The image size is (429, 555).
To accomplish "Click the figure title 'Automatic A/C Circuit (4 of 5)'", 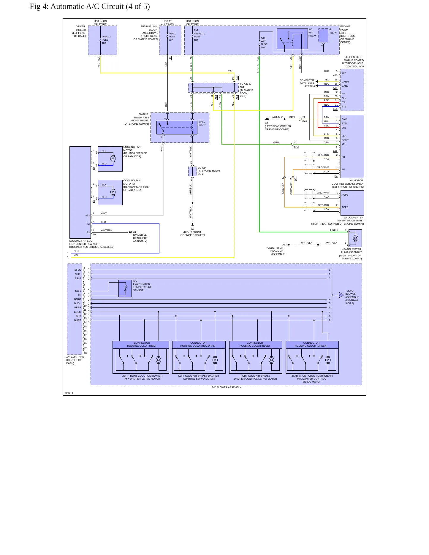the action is tap(100, 7).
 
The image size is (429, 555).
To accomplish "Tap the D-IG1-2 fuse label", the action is tap(106, 40).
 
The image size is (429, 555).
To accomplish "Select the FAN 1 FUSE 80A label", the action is tap(172, 37).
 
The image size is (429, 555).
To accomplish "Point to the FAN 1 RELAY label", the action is tap(202, 123).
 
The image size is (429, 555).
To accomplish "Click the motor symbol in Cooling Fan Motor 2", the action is tap(113, 192).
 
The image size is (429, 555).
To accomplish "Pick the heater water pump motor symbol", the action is tap(356, 238).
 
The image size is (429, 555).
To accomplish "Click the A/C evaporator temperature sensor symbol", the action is tap(125, 288).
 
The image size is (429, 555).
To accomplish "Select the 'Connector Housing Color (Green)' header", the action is tap(312, 345).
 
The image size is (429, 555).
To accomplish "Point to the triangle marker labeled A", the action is tap(341, 295).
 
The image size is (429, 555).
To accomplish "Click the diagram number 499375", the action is tap(69, 393).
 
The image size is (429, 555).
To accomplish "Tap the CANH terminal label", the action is tap(345, 82).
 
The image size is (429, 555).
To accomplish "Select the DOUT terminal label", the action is tap(345, 140).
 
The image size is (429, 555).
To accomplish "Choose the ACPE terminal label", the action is tap(345, 195).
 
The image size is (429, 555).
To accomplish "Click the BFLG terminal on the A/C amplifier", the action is tap(78, 270).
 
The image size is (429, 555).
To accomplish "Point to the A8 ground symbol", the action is tap(193, 225).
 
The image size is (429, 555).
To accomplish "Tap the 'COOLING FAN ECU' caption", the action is tap(81, 241).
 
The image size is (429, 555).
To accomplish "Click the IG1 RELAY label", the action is tap(333, 31).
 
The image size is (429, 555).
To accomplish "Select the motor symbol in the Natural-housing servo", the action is tap(215, 360).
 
